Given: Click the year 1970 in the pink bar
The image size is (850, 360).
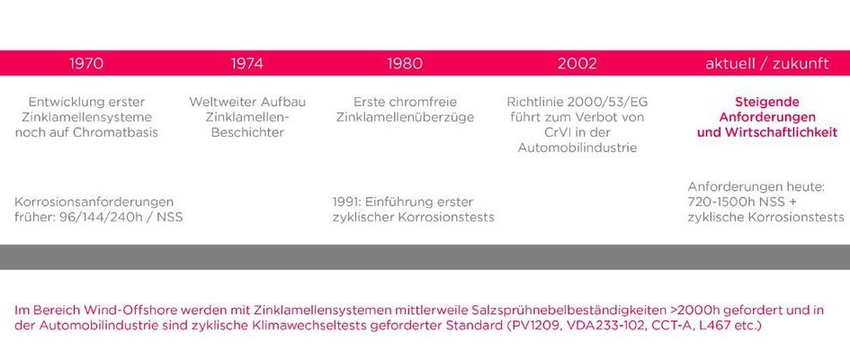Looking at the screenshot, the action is [86, 63].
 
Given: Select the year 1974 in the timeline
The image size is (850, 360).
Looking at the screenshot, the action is [247, 63].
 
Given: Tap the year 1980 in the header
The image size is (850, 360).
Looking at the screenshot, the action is [405, 63].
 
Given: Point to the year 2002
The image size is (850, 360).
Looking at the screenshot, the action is [577, 63].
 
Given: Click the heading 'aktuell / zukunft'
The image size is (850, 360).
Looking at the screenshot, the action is [767, 63].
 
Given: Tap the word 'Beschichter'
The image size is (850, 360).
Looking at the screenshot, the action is [247, 132].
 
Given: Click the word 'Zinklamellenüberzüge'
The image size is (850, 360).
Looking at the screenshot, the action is [405, 117].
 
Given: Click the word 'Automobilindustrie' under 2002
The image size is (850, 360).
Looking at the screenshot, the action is [577, 148].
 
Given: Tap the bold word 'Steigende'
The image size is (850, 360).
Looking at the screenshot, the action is [767, 102].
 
